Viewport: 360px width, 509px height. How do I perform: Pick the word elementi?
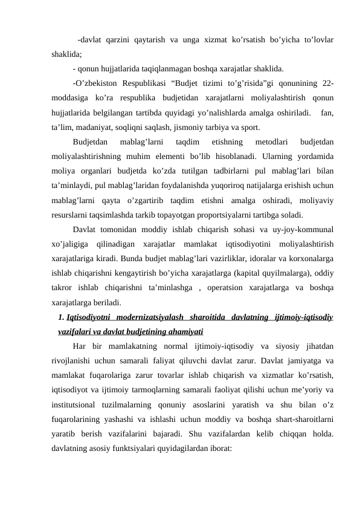172,157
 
